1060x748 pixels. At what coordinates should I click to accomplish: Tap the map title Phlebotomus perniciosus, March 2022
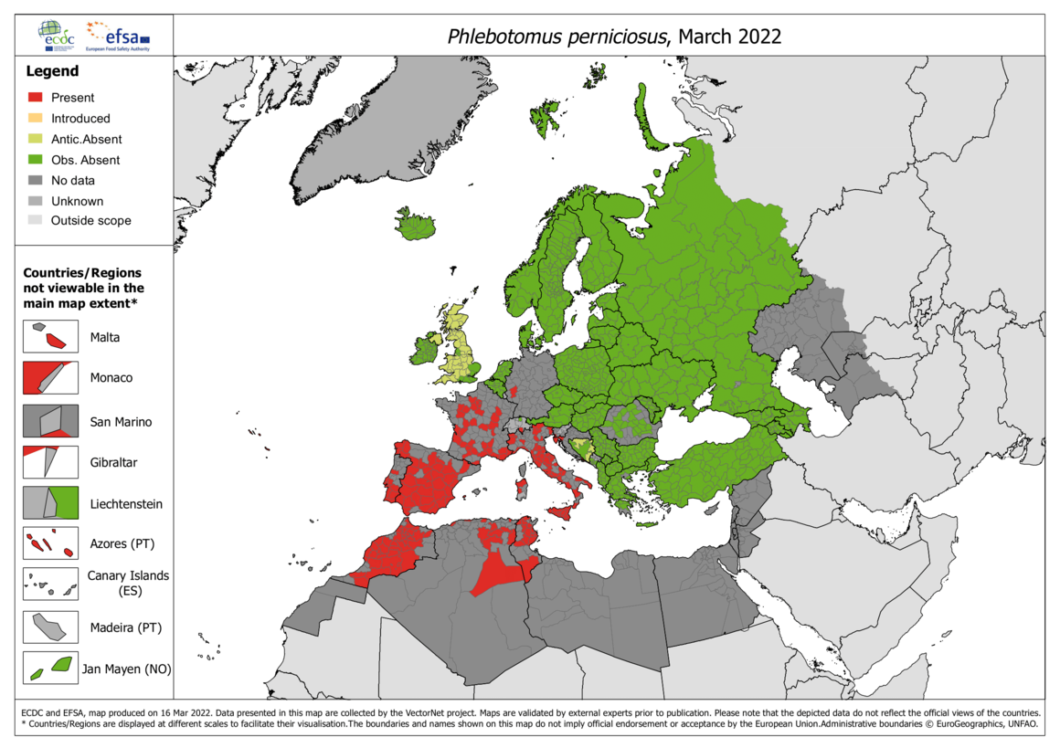coord(614,37)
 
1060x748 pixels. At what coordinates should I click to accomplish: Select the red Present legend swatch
coord(36,98)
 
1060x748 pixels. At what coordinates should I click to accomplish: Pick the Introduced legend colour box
coord(36,119)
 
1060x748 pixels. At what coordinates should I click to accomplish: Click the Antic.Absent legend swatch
coord(36,140)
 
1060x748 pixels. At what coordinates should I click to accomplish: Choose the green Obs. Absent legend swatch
coord(36,160)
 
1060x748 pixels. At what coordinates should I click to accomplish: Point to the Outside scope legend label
coord(90,221)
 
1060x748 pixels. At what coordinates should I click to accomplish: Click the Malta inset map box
coord(50,337)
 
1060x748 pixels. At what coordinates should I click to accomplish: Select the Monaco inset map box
coord(50,377)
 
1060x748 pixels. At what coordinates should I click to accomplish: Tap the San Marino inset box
coord(50,421)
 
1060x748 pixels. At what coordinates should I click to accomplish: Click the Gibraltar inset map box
coord(50,462)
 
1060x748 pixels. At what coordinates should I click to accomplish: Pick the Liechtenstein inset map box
coord(50,503)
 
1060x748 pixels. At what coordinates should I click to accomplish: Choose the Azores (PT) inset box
coord(50,544)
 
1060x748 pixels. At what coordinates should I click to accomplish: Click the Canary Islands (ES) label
coord(128,584)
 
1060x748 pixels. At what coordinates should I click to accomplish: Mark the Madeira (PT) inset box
coord(50,627)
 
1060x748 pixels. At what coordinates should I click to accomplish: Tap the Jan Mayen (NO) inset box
coord(50,669)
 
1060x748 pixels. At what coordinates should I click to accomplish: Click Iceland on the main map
coord(416,225)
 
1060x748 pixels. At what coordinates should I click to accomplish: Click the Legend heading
coord(52,71)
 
